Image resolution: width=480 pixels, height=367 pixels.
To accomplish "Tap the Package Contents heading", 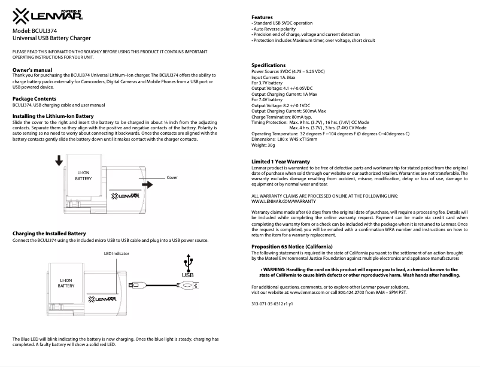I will click(x=35, y=98).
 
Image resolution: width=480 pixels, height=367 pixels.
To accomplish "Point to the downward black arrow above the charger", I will click(x=59, y=160).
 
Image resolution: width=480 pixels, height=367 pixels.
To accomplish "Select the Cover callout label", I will click(x=172, y=178).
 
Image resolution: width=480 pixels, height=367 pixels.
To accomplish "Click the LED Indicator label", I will click(x=117, y=254).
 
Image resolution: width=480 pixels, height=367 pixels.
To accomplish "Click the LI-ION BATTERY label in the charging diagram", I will click(x=66, y=283).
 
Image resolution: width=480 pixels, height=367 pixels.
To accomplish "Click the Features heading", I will click(x=262, y=17).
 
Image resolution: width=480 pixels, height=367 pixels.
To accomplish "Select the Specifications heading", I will click(x=268, y=65).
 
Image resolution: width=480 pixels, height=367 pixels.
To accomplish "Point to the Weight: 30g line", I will click(x=263, y=145).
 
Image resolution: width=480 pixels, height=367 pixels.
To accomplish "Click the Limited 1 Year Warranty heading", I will click(x=281, y=162).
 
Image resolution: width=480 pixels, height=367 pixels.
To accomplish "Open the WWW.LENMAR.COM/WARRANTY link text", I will click(x=282, y=202).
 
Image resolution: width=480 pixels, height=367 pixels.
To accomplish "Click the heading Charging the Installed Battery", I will click(x=49, y=233).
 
